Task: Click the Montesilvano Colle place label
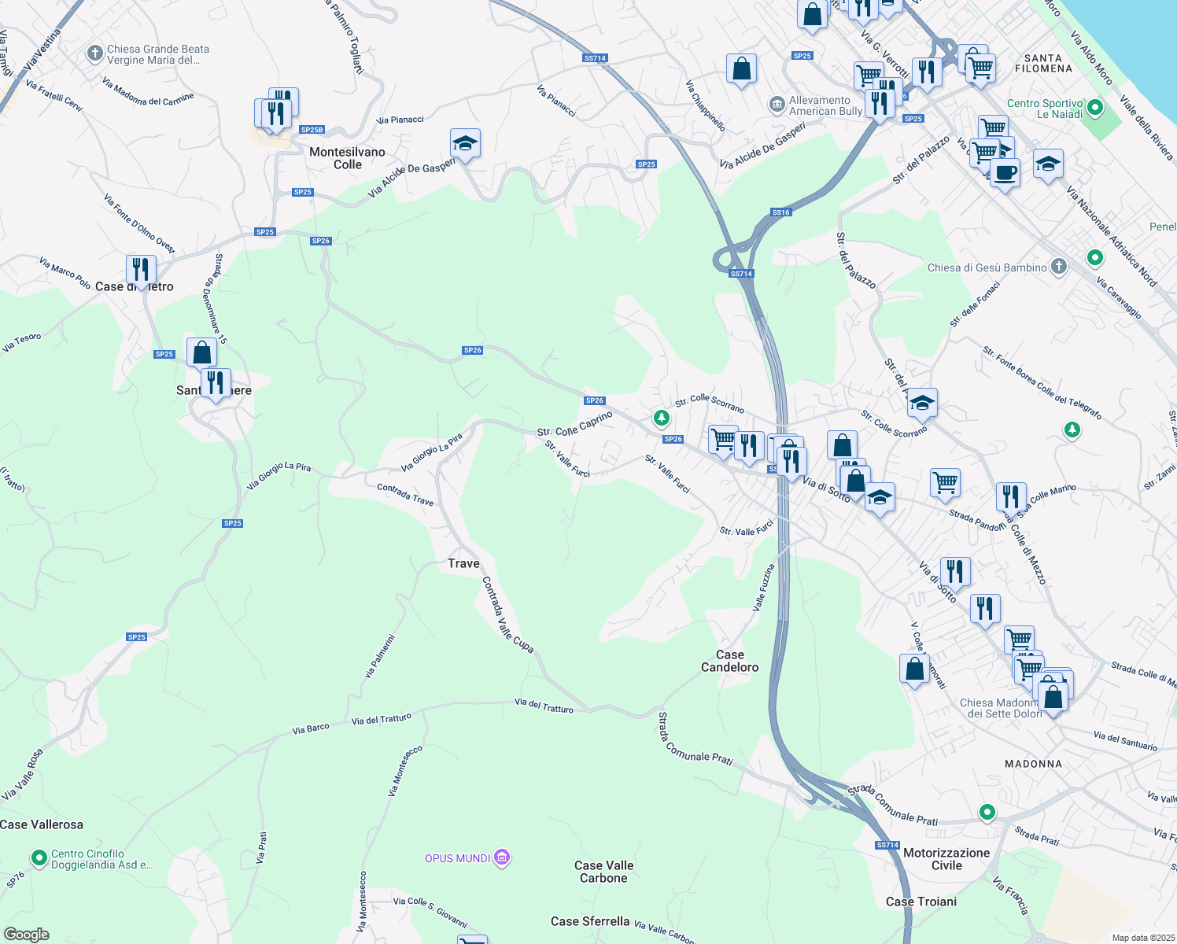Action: (347, 158)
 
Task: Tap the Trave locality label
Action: (463, 563)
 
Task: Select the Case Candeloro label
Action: (729, 661)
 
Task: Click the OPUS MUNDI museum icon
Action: (502, 857)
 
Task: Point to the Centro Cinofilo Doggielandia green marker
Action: (39, 857)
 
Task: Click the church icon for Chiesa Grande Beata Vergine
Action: (94, 53)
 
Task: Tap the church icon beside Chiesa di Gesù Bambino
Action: (1059, 267)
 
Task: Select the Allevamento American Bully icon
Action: (777, 105)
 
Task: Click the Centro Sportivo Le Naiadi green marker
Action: (1095, 107)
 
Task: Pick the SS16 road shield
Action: (780, 212)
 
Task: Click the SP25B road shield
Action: (312, 130)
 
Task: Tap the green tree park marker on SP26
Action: (662, 418)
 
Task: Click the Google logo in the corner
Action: (26, 934)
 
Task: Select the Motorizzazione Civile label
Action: (946, 859)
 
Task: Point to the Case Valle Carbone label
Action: (603, 872)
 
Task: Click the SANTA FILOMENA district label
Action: (1043, 64)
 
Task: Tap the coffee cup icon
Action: (1005, 172)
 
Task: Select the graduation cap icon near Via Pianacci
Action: (465, 144)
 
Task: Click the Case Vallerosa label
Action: (42, 824)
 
